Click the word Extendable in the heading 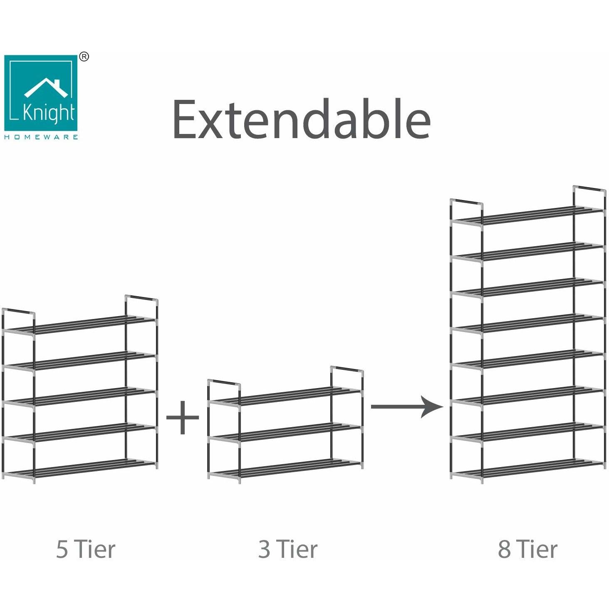point(302,119)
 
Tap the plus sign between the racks point(183,418)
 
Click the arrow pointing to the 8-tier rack point(407,406)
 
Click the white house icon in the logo point(46,88)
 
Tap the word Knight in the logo point(49,113)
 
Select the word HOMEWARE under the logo point(41,137)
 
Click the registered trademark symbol point(84,57)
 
